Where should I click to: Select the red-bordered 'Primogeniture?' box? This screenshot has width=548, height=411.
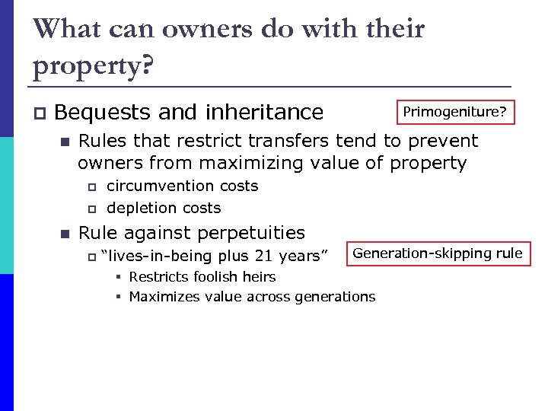(454, 113)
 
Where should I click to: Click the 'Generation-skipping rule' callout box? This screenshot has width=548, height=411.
(438, 253)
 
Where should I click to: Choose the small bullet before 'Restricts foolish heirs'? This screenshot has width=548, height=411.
(119, 277)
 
